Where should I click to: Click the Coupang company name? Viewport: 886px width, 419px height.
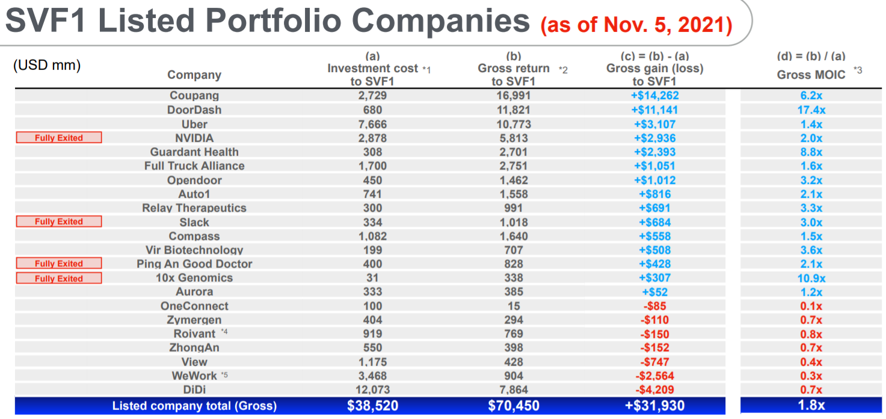[194, 96]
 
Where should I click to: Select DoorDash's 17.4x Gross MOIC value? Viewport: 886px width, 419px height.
[811, 110]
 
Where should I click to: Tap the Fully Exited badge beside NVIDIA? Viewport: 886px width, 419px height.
[59, 138]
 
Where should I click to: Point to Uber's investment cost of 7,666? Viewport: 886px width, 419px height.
[372, 124]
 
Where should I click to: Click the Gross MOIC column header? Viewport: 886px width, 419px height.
[811, 75]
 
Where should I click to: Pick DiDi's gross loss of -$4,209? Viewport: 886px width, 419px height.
[654, 390]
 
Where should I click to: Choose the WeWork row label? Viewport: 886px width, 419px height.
[194, 376]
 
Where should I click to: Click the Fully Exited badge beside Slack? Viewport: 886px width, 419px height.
[59, 222]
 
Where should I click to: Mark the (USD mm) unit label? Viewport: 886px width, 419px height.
[47, 65]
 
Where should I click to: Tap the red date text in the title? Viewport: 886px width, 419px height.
[636, 25]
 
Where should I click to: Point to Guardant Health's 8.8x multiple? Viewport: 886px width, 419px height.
[811, 152]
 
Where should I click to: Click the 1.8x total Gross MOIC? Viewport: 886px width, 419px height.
[811, 406]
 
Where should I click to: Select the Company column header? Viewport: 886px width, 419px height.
[194, 75]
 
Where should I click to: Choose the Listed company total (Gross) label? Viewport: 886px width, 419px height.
[194, 406]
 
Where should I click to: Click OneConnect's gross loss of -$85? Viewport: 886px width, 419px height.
[654, 306]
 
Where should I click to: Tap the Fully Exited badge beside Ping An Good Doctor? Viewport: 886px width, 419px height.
[59, 264]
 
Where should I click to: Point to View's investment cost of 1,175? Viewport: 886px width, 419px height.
[372, 362]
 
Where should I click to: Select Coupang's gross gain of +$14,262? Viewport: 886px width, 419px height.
[654, 96]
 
